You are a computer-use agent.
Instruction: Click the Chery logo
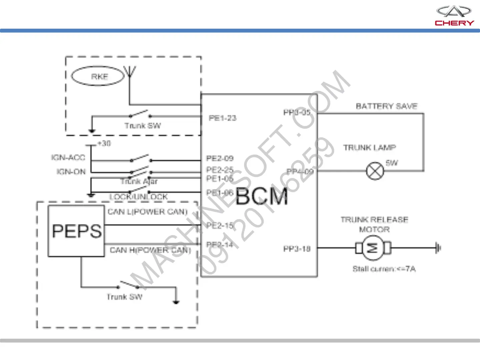coord(454,16)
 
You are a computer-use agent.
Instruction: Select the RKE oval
coord(98,76)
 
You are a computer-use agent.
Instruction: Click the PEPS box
coord(76,231)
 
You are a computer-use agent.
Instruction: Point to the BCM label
coord(262,197)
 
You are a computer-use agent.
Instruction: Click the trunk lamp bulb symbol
coord(375,171)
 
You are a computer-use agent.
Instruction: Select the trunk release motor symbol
coord(373,248)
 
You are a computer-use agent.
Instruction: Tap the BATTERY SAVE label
coord(386,106)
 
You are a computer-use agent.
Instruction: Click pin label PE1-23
coord(222,118)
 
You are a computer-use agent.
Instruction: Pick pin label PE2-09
coord(220,158)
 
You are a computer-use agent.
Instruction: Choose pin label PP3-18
coord(297,249)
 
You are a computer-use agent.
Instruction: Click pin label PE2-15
coord(220,226)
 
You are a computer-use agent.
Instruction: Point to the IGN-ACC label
coord(68,157)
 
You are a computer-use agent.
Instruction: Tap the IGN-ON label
coord(71,172)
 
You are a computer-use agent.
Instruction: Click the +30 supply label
coord(104,143)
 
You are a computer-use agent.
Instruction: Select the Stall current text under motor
coord(384,269)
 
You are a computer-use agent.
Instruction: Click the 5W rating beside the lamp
coord(392,163)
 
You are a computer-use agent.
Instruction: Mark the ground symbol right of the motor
coord(438,248)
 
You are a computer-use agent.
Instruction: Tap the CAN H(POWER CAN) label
coord(150,250)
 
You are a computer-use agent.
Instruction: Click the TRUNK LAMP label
coord(370,148)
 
